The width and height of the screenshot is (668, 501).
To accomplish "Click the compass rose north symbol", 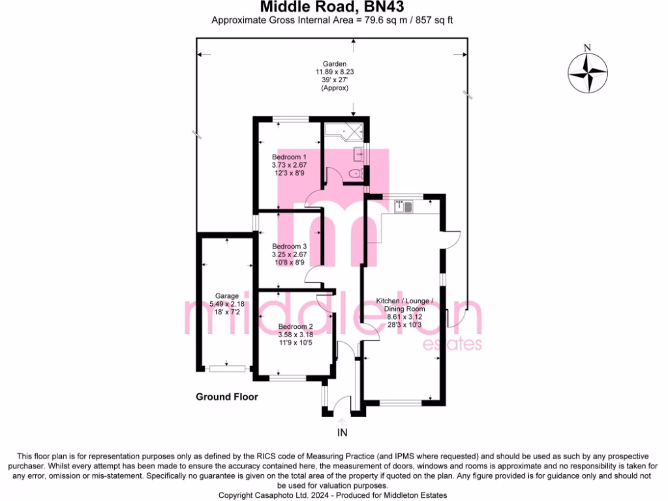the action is (x=588, y=73).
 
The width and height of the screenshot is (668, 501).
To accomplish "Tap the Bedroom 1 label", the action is (x=289, y=157).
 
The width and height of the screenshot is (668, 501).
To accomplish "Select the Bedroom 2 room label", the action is (x=296, y=327).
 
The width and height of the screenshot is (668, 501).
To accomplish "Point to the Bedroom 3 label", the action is (x=289, y=247).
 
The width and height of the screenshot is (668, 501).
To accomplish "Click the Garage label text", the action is (x=226, y=296).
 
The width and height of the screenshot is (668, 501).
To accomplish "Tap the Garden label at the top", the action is (x=335, y=64).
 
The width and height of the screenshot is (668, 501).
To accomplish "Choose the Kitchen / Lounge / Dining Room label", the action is (x=404, y=305).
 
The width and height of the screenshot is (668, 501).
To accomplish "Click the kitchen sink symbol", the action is (x=403, y=207).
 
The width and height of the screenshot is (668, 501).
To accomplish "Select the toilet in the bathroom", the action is (x=356, y=174).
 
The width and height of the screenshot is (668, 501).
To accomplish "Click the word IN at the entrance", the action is (x=342, y=433).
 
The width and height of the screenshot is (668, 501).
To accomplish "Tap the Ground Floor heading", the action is (x=226, y=397).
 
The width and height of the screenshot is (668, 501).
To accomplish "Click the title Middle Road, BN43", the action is (x=332, y=7).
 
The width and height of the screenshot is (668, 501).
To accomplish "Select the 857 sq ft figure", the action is (x=434, y=20).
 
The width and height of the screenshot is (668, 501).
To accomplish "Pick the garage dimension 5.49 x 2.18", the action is (x=226, y=304).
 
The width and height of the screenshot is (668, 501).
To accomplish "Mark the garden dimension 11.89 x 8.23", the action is (x=335, y=72).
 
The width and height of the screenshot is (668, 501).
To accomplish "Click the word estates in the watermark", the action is (x=452, y=344).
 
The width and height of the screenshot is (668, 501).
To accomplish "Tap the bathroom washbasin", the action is (x=359, y=154).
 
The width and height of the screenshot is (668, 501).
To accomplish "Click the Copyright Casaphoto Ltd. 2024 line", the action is (x=332, y=495).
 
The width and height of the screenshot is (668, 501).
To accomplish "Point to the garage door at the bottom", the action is (x=227, y=369).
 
